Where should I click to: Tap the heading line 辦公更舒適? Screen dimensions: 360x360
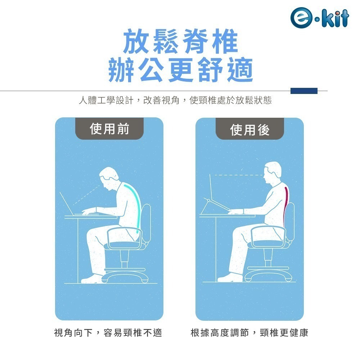click(x=180, y=69)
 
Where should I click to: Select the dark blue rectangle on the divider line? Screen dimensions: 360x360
click(x=304, y=91)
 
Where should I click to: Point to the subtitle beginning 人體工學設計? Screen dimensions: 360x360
click(x=175, y=100)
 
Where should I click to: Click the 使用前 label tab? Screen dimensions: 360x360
click(x=109, y=129)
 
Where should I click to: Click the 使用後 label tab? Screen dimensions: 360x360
click(x=249, y=130)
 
